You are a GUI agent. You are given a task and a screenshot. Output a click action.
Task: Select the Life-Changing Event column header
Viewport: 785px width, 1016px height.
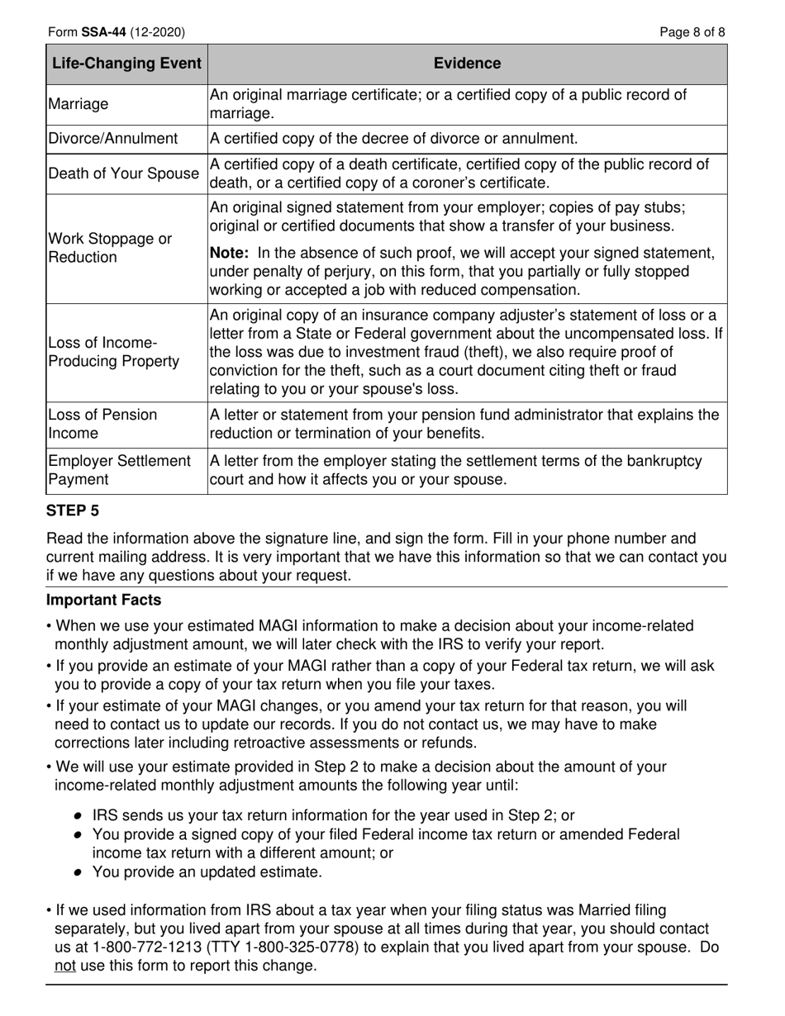click(x=126, y=64)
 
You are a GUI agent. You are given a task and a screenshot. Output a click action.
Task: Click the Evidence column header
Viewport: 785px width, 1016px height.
click(x=467, y=64)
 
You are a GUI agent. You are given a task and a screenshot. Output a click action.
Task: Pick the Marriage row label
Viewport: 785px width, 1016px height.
click(x=78, y=104)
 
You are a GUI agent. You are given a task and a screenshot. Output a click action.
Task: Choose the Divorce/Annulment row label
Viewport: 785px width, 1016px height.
click(x=113, y=138)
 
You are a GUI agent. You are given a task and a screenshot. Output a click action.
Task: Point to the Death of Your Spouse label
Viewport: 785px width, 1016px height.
click(x=124, y=173)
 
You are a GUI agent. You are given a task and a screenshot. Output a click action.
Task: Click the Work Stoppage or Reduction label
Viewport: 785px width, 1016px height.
click(x=109, y=248)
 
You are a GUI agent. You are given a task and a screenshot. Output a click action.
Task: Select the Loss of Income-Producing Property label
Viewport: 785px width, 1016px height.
click(x=113, y=352)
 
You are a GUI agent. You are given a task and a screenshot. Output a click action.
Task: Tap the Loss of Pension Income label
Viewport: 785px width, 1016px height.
click(x=102, y=425)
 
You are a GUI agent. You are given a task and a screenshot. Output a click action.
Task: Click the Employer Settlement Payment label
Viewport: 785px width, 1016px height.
click(x=119, y=470)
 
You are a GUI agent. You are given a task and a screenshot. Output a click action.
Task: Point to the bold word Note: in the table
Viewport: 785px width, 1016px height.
click(x=232, y=253)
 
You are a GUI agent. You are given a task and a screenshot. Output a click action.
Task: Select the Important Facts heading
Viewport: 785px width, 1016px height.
click(x=104, y=600)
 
